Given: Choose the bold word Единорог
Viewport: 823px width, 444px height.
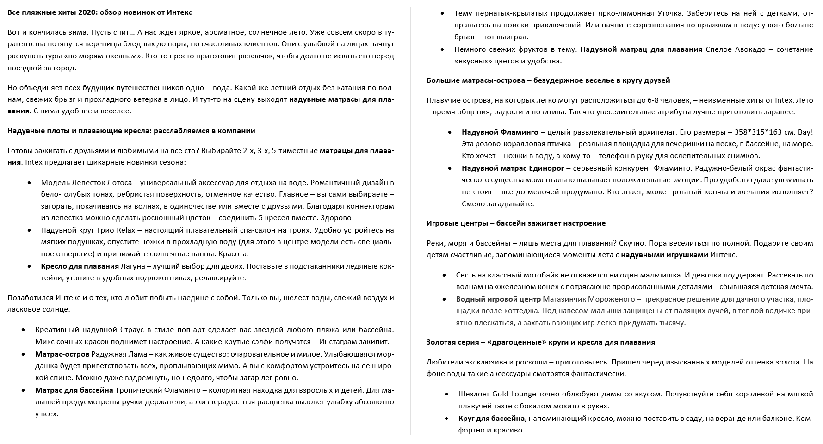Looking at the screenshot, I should pos(546,168).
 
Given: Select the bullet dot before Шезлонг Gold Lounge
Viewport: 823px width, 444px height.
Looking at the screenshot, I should pos(446,395).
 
